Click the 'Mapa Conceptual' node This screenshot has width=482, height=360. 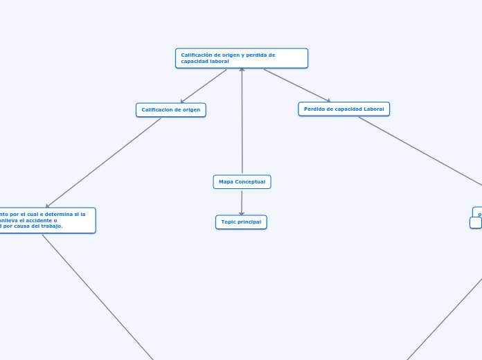pyautogui.click(x=242, y=182)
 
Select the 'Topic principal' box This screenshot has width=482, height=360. pyautogui.click(x=241, y=222)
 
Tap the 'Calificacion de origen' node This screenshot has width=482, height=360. pyautogui.click(x=171, y=110)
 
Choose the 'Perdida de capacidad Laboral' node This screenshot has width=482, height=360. pyautogui.click(x=344, y=109)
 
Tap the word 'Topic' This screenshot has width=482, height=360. pyautogui.click(x=229, y=222)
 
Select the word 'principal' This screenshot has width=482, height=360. pyautogui.click(x=249, y=222)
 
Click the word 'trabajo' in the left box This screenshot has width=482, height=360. pyautogui.click(x=51, y=226)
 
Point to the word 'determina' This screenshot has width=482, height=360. pyautogui.click(x=59, y=215)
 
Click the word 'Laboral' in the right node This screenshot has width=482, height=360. pyautogui.click(x=373, y=109)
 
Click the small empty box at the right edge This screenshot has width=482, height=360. pyautogui.click(x=475, y=223)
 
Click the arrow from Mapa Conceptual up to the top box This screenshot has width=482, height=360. pyautogui.click(x=242, y=121)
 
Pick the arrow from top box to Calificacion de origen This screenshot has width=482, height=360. pyautogui.click(x=204, y=86)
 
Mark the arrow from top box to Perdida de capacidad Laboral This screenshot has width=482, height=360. pyautogui.click(x=296, y=85)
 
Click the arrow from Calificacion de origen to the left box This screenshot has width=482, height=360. pyautogui.click(x=104, y=162)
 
